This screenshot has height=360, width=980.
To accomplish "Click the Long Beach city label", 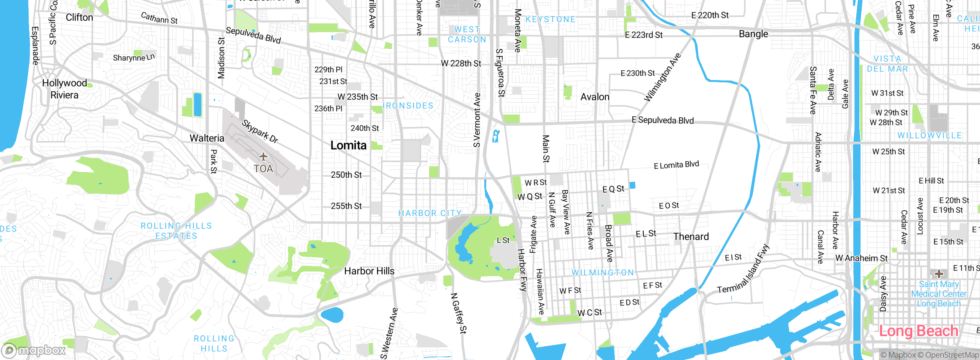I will tap(918, 331).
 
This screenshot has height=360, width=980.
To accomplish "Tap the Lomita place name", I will tap(348, 146).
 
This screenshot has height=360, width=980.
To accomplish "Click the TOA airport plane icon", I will tap(263, 157).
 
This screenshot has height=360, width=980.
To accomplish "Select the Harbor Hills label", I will tap(369, 271).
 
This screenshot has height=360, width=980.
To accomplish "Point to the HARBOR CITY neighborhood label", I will tap(430, 213).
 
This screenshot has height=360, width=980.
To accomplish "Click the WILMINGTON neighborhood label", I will tap(603, 272).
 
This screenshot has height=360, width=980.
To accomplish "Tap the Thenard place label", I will tap(691, 237).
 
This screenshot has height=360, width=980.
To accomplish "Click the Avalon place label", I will tap(595, 97).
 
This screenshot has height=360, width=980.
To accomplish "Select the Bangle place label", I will tap(753, 34).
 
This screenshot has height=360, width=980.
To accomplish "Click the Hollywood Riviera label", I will tap(64, 89).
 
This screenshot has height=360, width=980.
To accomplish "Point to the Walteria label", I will tap(207, 138).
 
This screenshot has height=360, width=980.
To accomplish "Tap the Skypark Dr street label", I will tap(260, 131).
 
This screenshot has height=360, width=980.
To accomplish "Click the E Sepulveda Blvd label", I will tap(662, 120).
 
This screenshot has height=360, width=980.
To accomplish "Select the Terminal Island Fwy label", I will tap(743, 270).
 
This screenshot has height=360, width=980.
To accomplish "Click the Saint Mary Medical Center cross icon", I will tap(939, 273).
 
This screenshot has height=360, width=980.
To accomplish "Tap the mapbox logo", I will tap(34, 350).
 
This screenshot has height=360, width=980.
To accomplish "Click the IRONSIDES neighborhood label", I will tap(408, 106).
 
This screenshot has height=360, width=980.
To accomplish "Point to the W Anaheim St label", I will tap(861, 259).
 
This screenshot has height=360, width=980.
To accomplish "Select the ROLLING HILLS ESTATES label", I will tap(176, 231).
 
